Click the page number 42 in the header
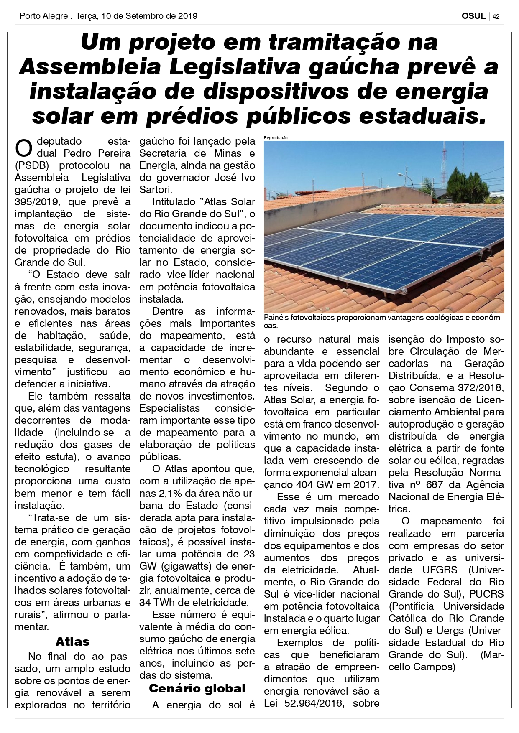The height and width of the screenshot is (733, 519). (x=496, y=17)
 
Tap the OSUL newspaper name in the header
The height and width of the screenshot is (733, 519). (x=473, y=16)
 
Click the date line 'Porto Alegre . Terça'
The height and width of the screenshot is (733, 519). (x=59, y=16)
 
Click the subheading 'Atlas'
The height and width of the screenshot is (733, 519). (x=72, y=641)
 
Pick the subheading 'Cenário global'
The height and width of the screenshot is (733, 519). (x=197, y=688)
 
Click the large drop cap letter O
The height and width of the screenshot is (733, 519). (x=23, y=148)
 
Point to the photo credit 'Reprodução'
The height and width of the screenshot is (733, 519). (x=276, y=138)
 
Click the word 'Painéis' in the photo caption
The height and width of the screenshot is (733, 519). (x=276, y=318)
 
